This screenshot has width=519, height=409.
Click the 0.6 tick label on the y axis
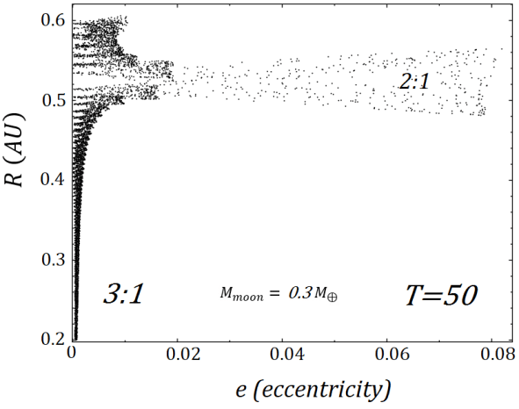point(53,18)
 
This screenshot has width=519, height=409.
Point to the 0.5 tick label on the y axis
point(53,99)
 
